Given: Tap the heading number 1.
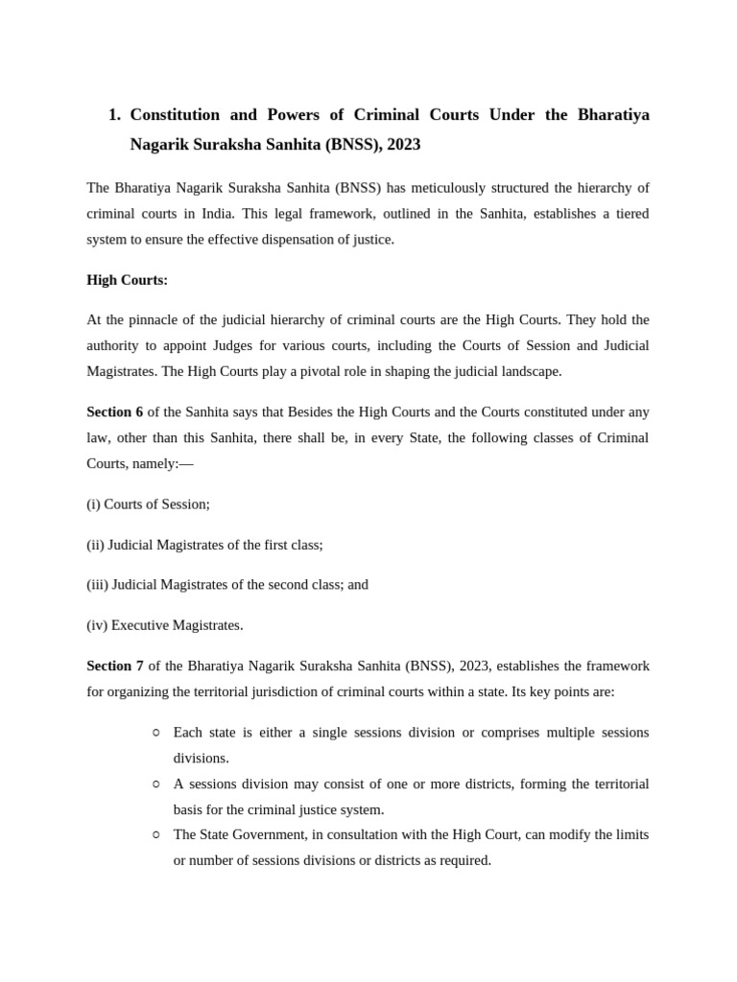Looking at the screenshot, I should point(113,115).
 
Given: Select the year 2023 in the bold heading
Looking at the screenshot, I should point(401,145).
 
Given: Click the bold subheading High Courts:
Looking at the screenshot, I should point(127,280).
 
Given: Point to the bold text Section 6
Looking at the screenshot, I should point(114,411).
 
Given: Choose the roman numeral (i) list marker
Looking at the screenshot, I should point(93,503).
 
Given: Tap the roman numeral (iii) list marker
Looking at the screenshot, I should point(97,584).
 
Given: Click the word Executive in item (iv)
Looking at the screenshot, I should point(142,625).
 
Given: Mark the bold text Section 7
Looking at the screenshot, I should point(114,666).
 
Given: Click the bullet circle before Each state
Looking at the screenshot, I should point(156,733).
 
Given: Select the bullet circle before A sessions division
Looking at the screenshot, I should point(156,784).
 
